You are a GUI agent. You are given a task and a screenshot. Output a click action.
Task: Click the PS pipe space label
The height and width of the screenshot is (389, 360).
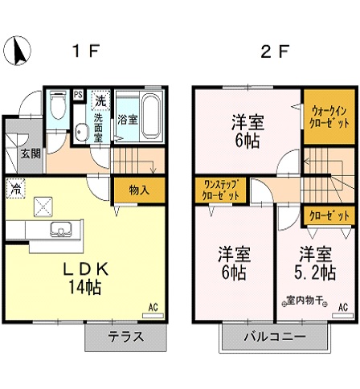(x=78, y=94)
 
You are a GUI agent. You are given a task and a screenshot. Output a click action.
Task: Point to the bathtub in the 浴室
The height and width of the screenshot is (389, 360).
(x=150, y=110)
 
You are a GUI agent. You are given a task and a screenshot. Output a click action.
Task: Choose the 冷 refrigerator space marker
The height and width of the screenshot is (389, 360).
(x=15, y=189)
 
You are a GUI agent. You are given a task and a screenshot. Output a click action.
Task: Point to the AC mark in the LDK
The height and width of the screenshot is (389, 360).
(x=153, y=306)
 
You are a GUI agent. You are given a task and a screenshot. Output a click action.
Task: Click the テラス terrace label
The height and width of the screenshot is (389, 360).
(x=125, y=337)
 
